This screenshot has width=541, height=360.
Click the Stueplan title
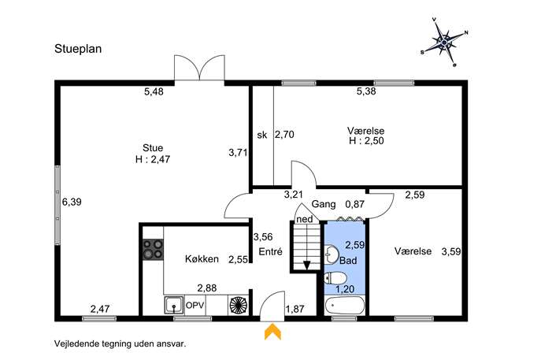78,49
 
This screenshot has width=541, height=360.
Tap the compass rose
444,42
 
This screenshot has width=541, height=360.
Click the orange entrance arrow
272,332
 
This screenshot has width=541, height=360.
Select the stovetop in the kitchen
153,249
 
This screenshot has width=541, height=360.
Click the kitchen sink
175,306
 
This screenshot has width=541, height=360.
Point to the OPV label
195,306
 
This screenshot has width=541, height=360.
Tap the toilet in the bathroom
335,277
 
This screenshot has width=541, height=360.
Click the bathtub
344,306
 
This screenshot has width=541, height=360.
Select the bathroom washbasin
332,254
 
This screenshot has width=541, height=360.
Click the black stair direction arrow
306,265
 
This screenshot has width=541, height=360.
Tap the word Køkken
202,259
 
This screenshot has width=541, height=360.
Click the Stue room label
153,148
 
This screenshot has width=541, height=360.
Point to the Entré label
271,251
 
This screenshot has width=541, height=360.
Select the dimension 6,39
72,202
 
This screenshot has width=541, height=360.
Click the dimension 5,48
154,91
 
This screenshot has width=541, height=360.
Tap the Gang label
324,204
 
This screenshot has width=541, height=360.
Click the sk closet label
262,135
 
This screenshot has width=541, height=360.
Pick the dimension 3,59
451,251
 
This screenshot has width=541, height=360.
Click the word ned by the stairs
305,219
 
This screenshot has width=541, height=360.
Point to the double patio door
199,69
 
